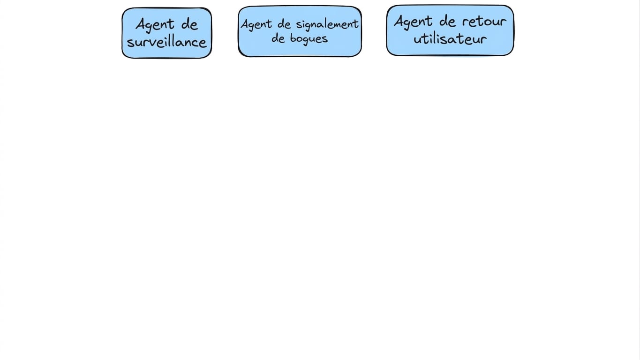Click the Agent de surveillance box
pos(167,33)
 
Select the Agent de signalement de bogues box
pos(300,31)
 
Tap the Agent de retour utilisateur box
pos(450,30)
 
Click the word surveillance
pos(166,43)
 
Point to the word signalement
pos(327,24)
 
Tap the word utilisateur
pos(450,38)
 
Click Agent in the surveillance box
pos(155,25)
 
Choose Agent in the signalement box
pos(256,24)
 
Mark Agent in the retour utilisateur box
pos(413,22)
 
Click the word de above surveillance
pos(189,24)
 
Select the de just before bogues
pos(279,38)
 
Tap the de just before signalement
pos(284,24)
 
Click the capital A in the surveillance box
pos(141,24)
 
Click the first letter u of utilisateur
pos(417,40)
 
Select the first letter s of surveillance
pos(130,43)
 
